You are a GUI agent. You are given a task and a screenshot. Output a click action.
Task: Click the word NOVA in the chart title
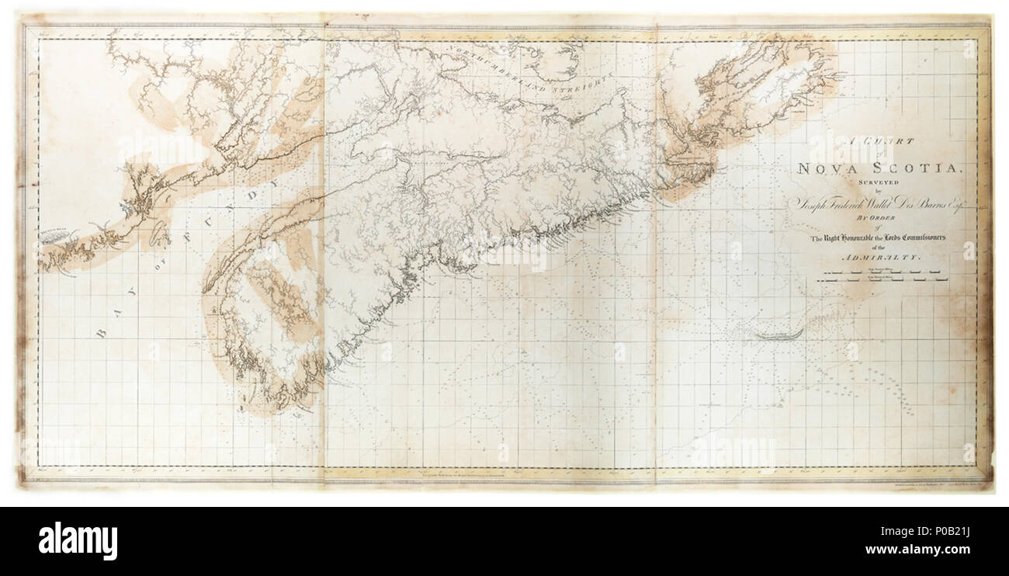click(830, 168)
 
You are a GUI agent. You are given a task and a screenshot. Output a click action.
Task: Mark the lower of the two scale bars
click(883, 281)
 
